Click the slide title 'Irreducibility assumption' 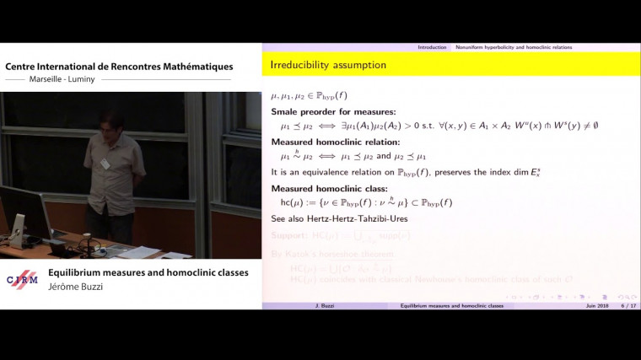[x=329, y=65]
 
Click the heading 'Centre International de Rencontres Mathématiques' [x=119, y=66]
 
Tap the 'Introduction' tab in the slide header [x=432, y=47]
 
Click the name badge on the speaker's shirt [x=105, y=164]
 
